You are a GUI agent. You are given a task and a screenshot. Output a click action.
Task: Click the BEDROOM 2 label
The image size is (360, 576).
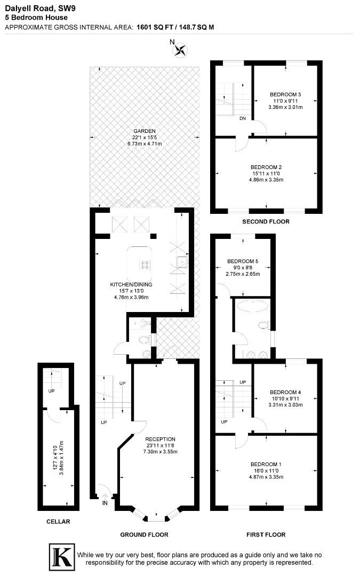[267, 166]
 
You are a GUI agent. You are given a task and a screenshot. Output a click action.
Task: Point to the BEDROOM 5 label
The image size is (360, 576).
[242, 261]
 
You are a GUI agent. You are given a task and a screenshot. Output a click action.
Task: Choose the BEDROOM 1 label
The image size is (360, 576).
[267, 464]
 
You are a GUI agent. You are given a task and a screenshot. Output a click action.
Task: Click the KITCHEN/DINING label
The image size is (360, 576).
[131, 284]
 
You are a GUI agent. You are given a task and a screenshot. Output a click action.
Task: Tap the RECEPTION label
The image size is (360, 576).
[160, 439]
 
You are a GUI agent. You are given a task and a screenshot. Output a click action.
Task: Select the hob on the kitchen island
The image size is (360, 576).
[145, 264]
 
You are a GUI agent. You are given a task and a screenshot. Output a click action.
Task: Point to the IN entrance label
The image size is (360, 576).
[105, 502]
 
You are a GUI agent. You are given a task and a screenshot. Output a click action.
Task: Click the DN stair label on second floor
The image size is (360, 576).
[243, 118]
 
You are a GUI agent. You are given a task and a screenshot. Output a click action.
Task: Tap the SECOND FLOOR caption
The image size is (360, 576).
[266, 221]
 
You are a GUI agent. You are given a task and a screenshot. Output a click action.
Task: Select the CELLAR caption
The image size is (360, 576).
[58, 522]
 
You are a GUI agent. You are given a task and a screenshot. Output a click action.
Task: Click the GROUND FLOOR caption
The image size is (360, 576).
[144, 534]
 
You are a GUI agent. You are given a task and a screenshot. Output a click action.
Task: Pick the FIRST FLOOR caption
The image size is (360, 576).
[266, 534]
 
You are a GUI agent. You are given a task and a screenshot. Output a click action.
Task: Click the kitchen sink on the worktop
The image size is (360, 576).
[182, 261]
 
